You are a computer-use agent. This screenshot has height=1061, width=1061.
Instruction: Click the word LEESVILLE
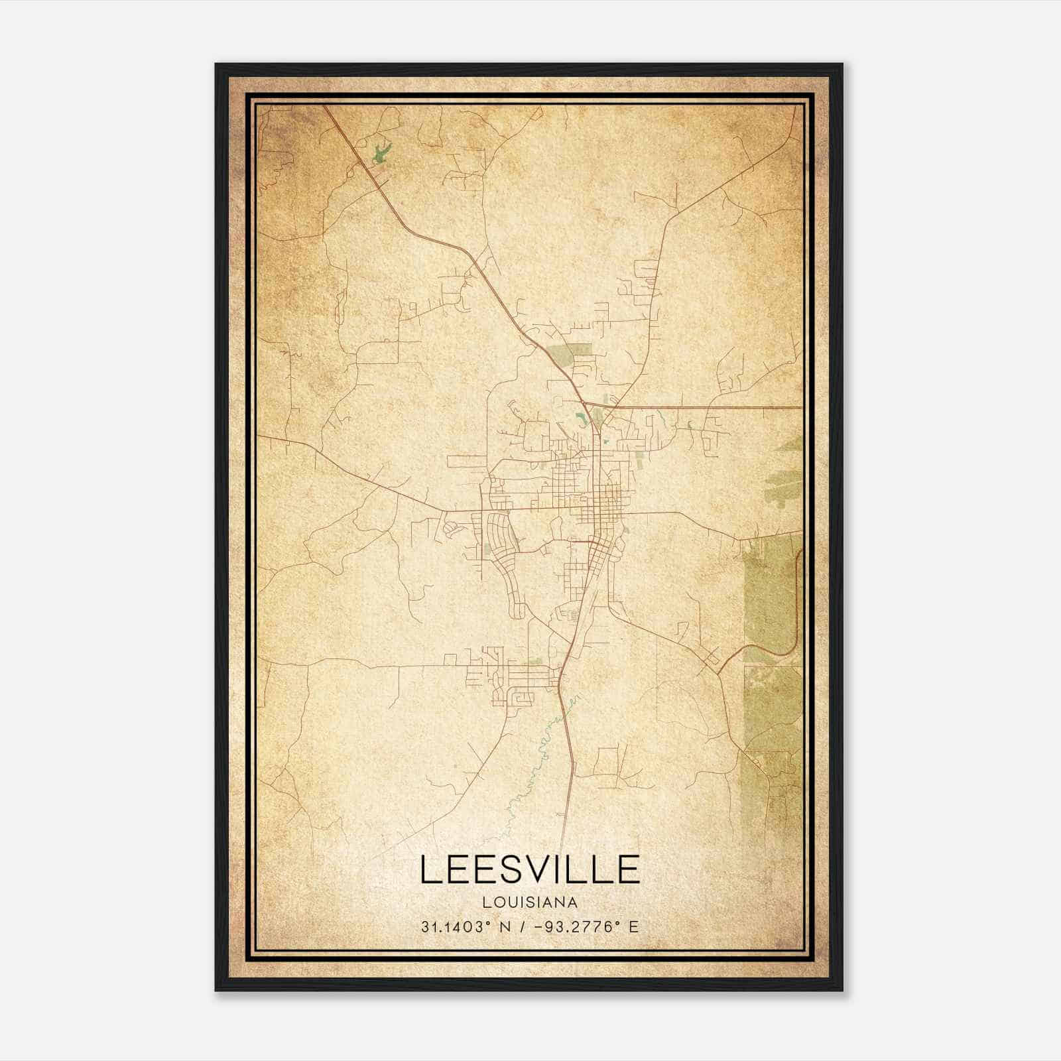(530, 869)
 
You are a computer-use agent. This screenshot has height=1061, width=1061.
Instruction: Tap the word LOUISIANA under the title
(530, 902)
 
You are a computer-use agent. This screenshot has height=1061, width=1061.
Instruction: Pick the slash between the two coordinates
(524, 927)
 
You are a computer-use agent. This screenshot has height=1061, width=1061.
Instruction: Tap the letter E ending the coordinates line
(634, 927)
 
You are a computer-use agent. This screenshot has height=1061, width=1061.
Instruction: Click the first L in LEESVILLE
(430, 869)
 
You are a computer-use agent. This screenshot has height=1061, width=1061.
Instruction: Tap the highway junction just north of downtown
(586, 403)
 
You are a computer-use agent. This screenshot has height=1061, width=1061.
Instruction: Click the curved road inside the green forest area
(793, 617)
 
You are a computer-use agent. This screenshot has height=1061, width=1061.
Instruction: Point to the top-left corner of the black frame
(216, 64)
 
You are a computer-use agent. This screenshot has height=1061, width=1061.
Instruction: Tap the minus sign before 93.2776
(542, 927)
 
